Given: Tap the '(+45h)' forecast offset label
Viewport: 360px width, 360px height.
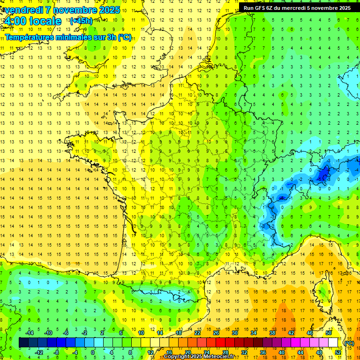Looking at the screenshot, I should coord(81,21).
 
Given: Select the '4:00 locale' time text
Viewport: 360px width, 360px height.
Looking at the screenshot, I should coord(32,21).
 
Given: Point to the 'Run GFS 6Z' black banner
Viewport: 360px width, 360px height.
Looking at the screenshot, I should coord(297,7).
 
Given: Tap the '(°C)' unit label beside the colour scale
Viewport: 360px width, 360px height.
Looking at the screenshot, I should coord(349,343).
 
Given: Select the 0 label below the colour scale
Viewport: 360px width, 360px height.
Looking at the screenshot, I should coord(93,352).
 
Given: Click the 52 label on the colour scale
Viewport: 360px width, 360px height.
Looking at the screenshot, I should coord(337,352).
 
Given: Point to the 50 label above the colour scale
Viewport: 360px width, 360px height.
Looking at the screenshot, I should coord(328,333).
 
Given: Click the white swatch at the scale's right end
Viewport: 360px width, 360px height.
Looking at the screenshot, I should coord(333,343).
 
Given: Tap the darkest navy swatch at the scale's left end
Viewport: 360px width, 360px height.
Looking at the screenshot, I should coord(23,343).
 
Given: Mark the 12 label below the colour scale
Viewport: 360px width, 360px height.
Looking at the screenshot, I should coord(150,352).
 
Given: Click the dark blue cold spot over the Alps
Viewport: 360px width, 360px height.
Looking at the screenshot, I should coord(322,175).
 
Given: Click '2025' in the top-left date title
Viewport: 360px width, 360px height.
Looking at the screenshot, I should coord(109,10).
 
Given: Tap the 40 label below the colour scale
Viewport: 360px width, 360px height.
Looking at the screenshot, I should coord(281,352).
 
